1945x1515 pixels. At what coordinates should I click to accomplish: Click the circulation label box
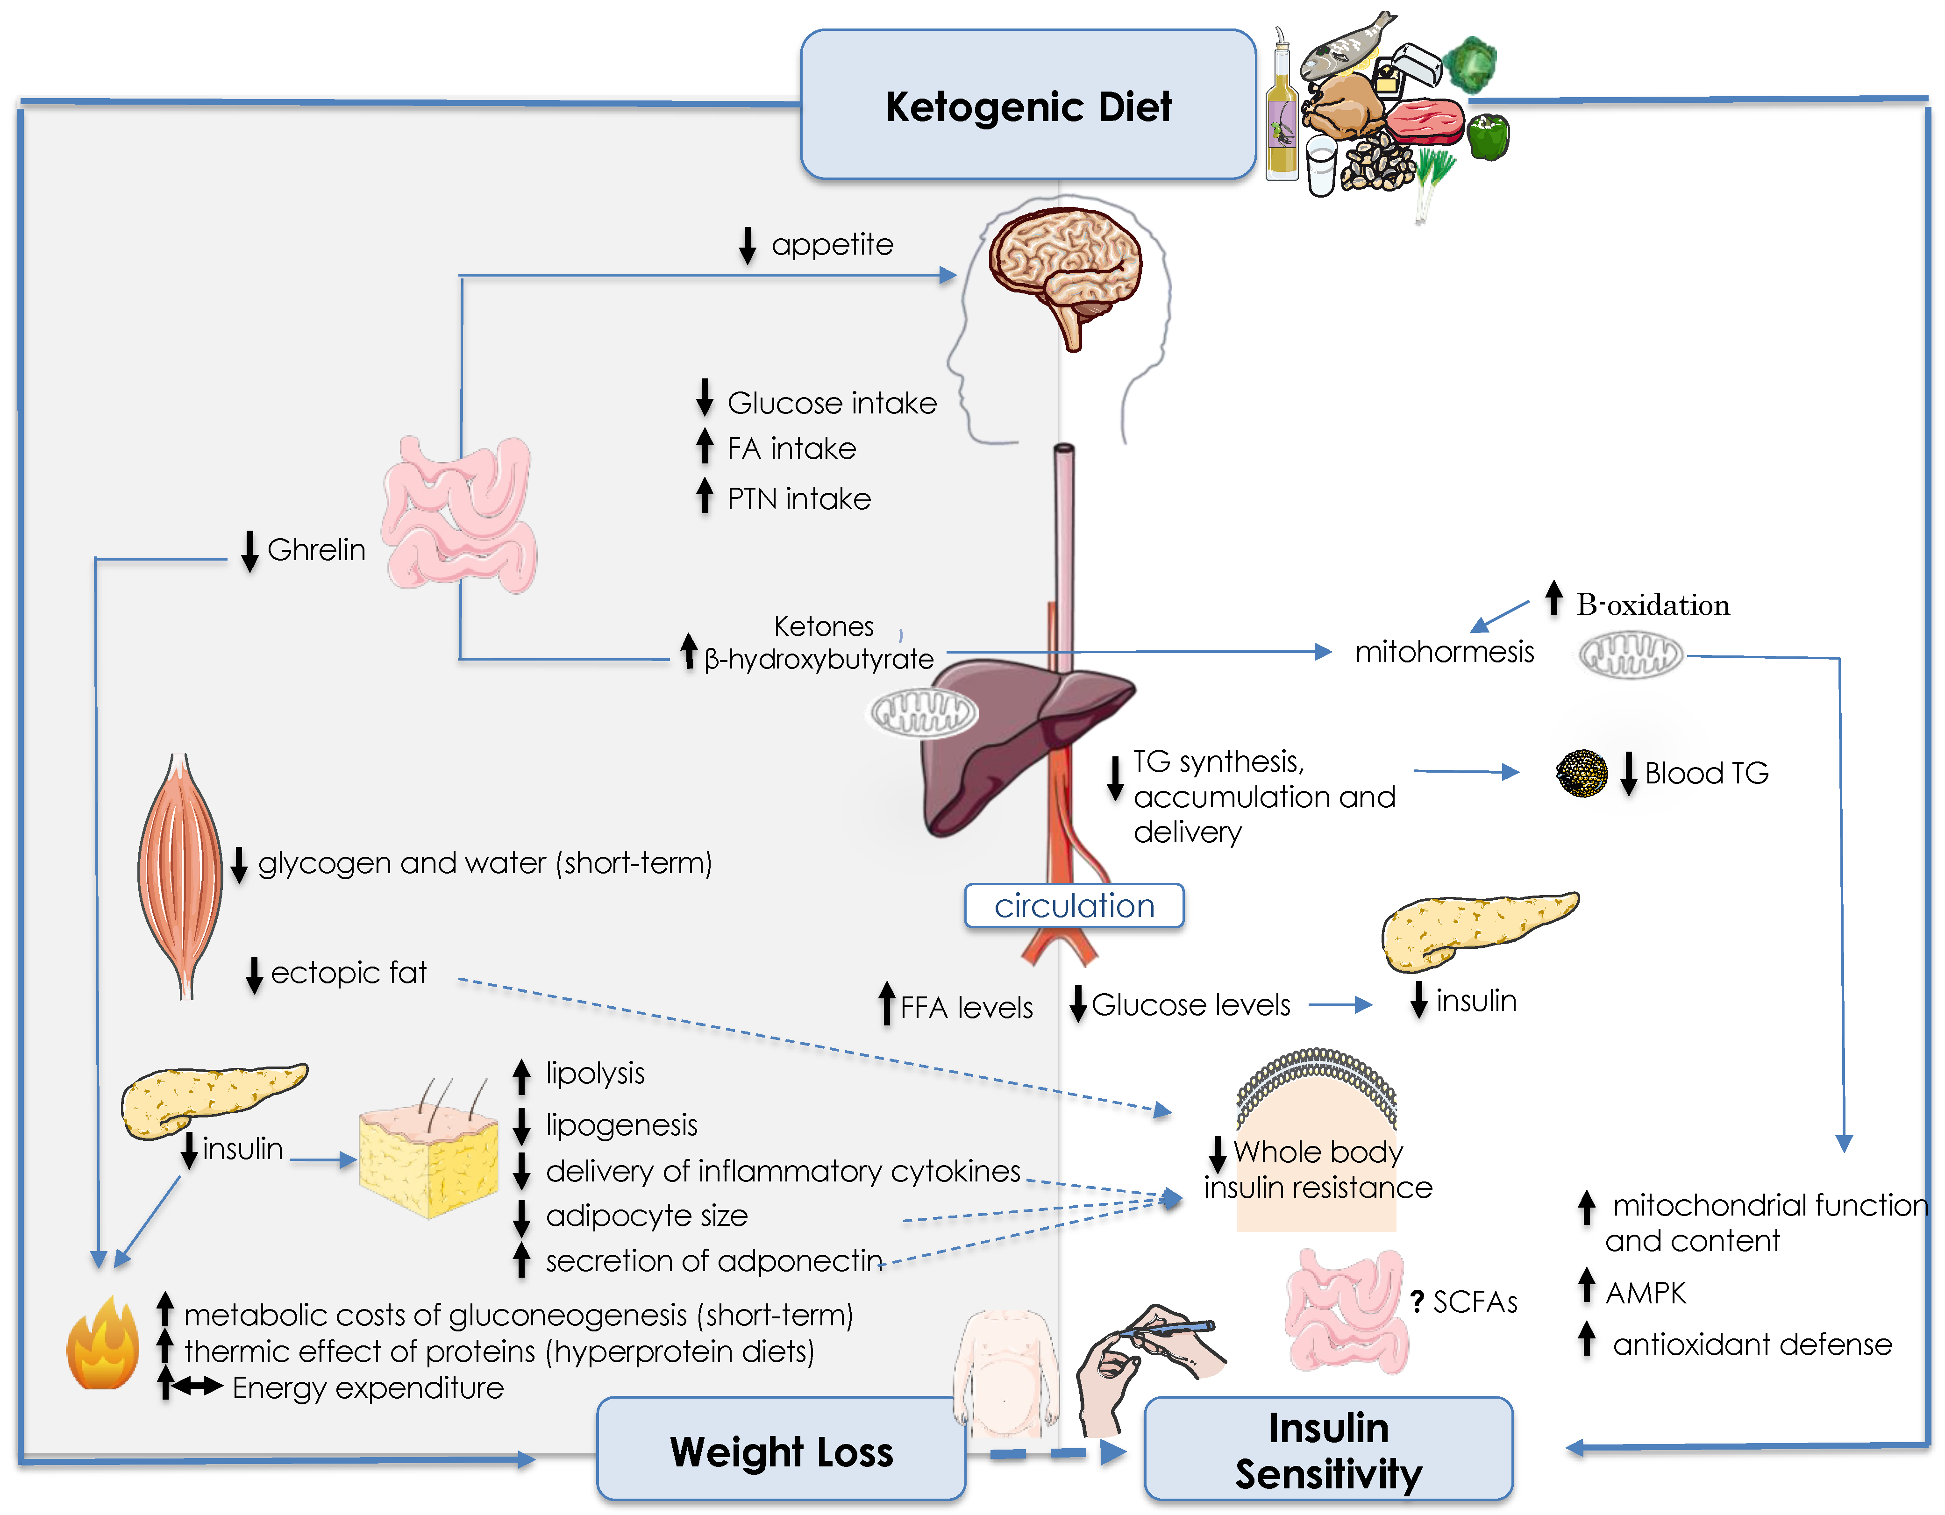tap(1074, 906)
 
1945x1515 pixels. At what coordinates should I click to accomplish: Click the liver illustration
tap(1006, 748)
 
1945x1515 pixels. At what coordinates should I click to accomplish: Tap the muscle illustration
tap(180, 873)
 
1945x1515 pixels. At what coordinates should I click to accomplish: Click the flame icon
tap(102, 1345)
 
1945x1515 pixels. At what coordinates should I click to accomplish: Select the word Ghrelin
tap(316, 550)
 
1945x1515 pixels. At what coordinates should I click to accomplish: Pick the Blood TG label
tap(1705, 773)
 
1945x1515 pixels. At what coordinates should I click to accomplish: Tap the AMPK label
tap(1646, 1292)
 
